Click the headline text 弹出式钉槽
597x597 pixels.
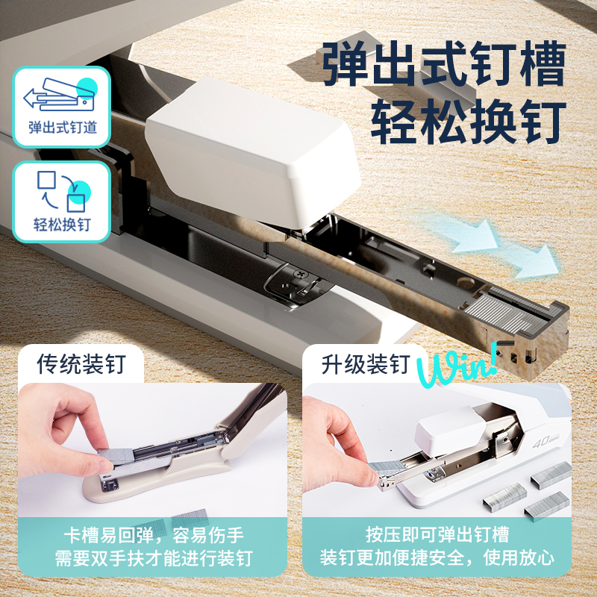tap(443, 66)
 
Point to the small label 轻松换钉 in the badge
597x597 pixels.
tap(62, 224)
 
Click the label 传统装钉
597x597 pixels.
tap(81, 363)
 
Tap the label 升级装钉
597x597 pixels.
tap(366, 363)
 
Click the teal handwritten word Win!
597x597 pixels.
tap(455, 366)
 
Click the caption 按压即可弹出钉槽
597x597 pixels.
tap(437, 535)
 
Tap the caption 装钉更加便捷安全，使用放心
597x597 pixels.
tap(437, 558)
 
